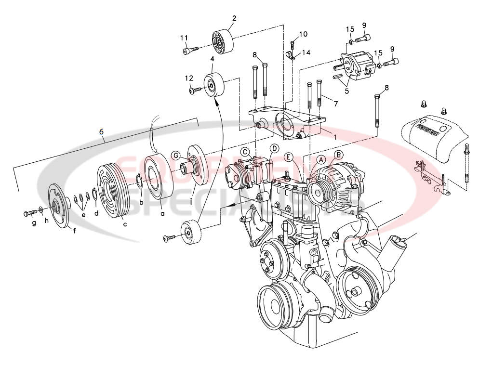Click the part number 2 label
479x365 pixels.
pyautogui.click(x=234, y=18)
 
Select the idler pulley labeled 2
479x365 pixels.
pyautogui.click(x=223, y=42)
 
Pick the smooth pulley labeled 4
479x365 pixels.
pyautogui.click(x=214, y=85)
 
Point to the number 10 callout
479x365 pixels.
pyautogui.click(x=303, y=34)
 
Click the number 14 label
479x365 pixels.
pyautogui.click(x=306, y=52)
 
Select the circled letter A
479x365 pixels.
pyautogui.click(x=321, y=158)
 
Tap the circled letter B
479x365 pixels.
pyautogui.click(x=339, y=155)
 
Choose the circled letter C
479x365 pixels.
pyautogui.click(x=245, y=152)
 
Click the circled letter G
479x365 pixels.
pyautogui.click(x=176, y=155)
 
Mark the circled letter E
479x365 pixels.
pyautogui.click(x=288, y=156)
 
